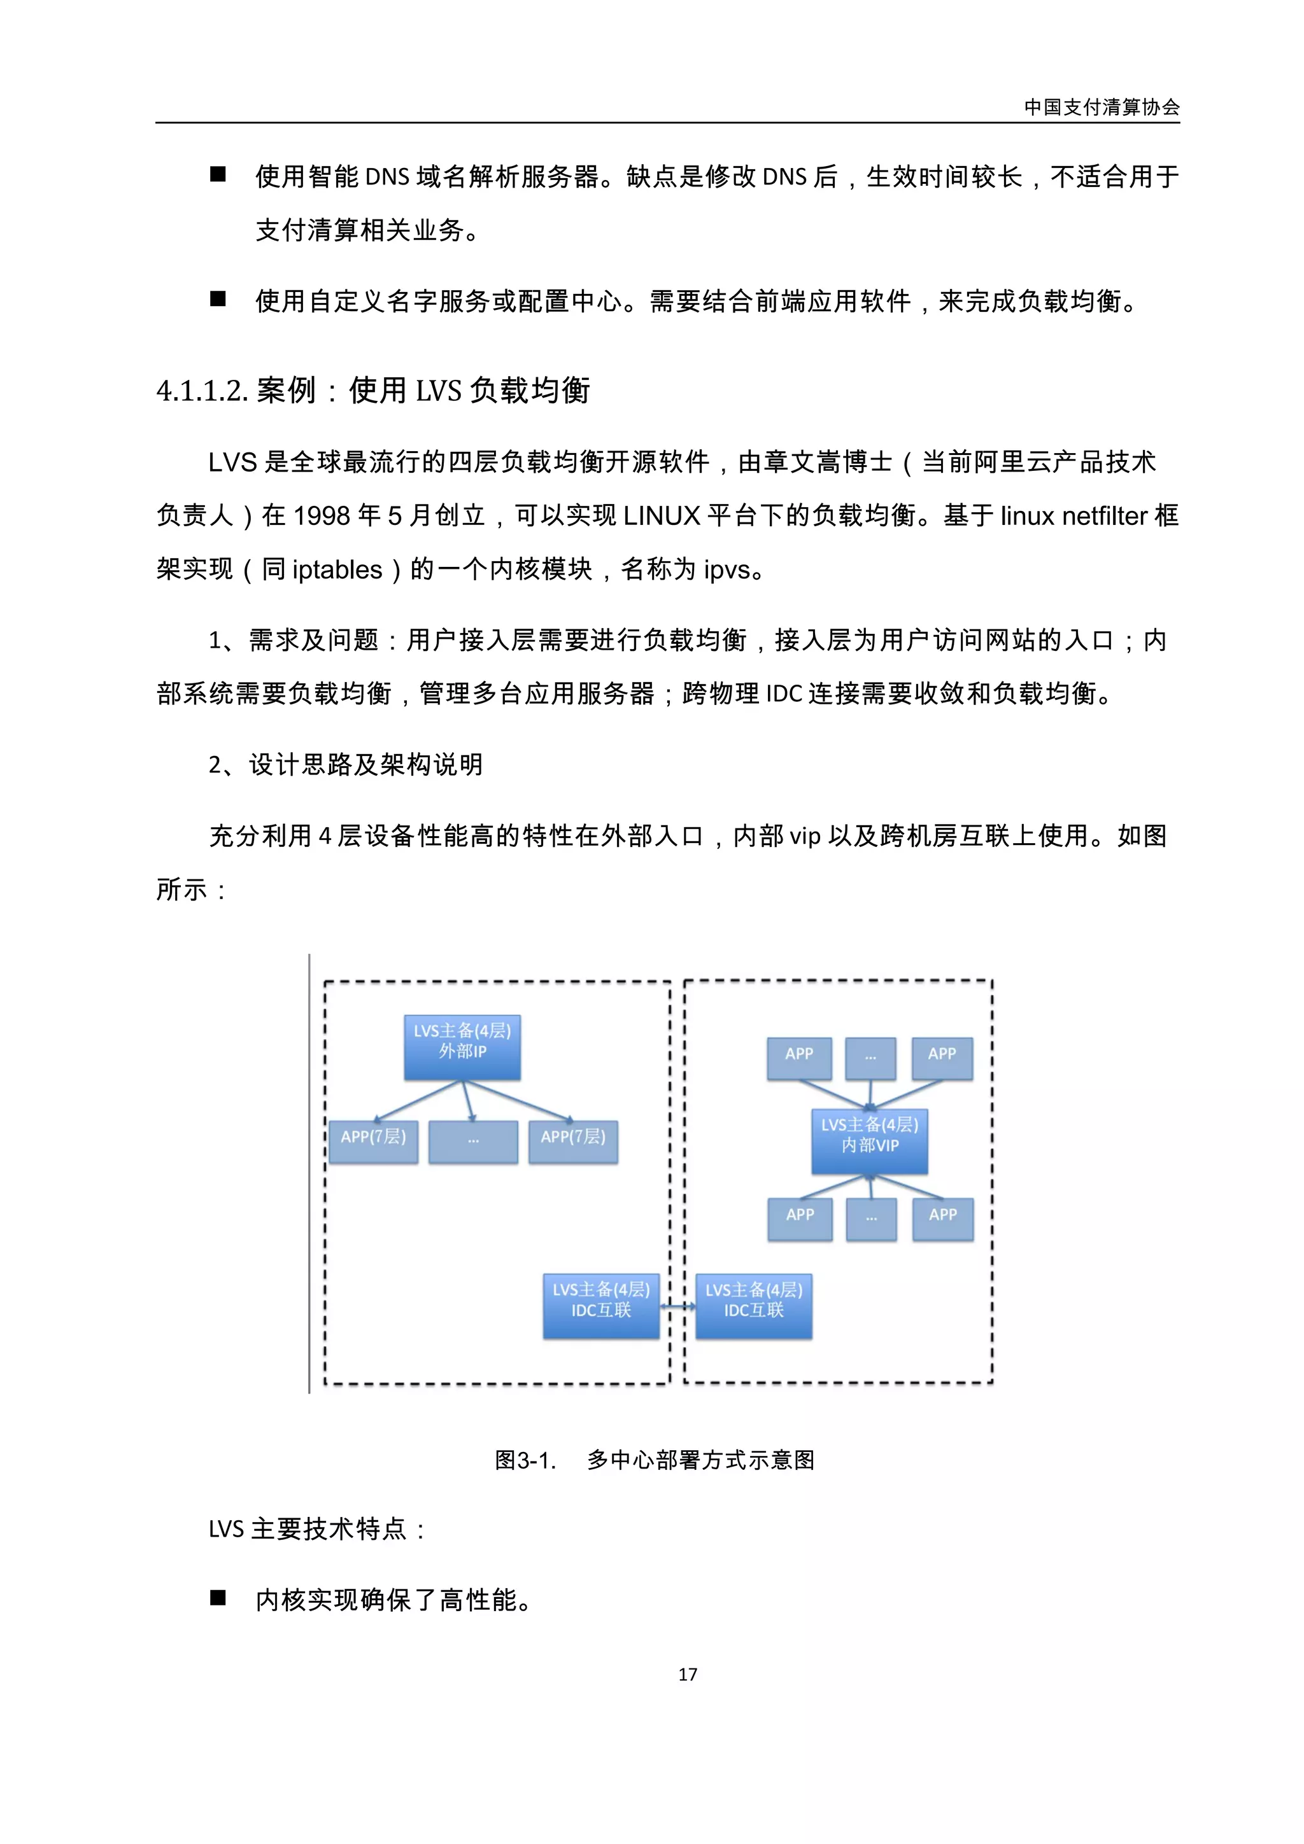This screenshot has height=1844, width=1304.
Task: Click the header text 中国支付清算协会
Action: [1101, 107]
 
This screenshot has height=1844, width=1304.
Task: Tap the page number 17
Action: [687, 1675]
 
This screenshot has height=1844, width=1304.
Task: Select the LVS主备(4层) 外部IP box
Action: [462, 1047]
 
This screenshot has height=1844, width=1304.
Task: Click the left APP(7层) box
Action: [374, 1142]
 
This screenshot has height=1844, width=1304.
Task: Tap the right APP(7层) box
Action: [573, 1142]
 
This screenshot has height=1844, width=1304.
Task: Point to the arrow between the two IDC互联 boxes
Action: [677, 1307]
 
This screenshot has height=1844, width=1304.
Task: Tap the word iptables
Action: [337, 569]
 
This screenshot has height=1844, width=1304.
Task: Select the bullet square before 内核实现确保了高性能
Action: [218, 1598]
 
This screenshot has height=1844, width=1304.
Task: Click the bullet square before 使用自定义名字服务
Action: [218, 299]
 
